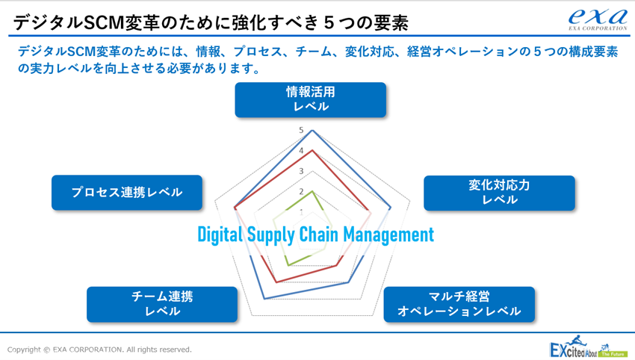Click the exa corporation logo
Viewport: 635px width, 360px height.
(x=598, y=19)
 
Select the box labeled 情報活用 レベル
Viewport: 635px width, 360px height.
(x=311, y=99)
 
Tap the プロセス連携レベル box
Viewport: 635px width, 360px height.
(x=127, y=193)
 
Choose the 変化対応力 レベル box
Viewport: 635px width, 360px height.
(x=499, y=193)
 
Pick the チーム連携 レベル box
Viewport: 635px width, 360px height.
(x=162, y=304)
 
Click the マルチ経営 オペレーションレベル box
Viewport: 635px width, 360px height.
(x=459, y=304)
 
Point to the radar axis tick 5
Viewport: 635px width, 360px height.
(x=301, y=130)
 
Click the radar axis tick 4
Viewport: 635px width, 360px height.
(x=301, y=151)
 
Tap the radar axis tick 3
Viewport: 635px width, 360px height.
(x=301, y=171)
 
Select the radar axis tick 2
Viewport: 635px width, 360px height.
(x=301, y=191)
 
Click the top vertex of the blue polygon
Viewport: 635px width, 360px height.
(x=312, y=130)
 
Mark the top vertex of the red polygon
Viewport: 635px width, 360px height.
(x=312, y=150)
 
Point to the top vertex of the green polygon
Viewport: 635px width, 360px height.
(x=312, y=191)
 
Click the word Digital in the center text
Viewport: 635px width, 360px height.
(x=220, y=235)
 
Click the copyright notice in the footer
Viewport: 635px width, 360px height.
(x=99, y=350)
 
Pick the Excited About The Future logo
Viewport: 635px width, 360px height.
(x=589, y=347)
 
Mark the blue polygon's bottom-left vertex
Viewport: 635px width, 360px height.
(x=264, y=299)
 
